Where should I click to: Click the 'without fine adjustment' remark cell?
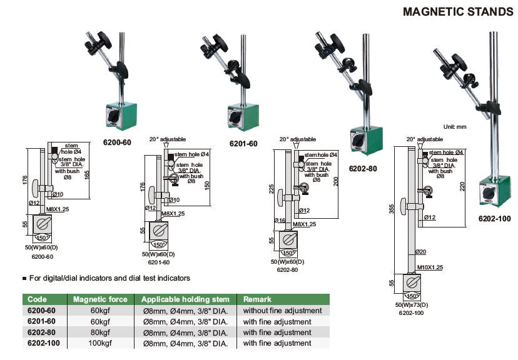pos(282,310)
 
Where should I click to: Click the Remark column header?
pos(257,299)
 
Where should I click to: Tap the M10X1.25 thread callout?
pos(430,267)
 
